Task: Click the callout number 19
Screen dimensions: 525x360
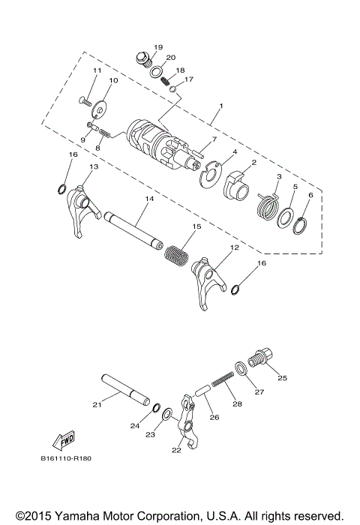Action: [157, 47]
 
